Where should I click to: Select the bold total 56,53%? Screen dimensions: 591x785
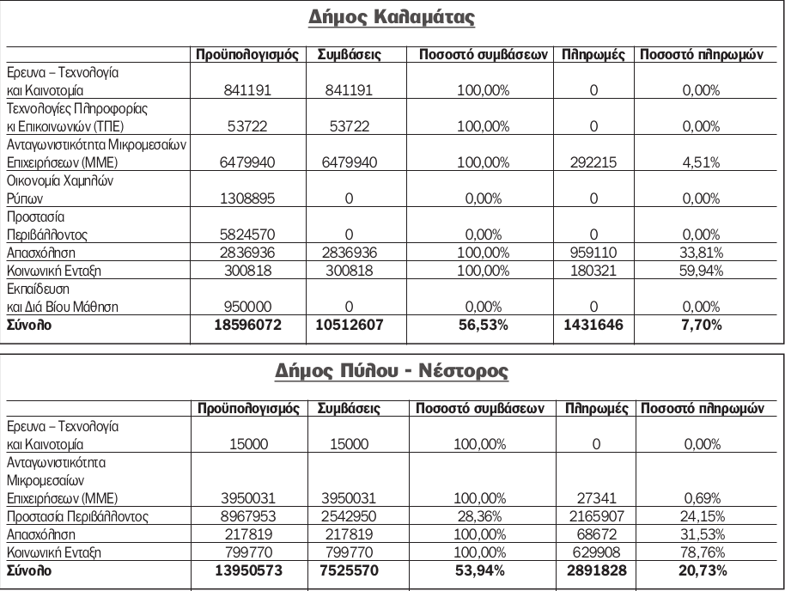tap(483, 325)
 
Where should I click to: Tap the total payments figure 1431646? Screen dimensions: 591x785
tap(593, 325)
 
